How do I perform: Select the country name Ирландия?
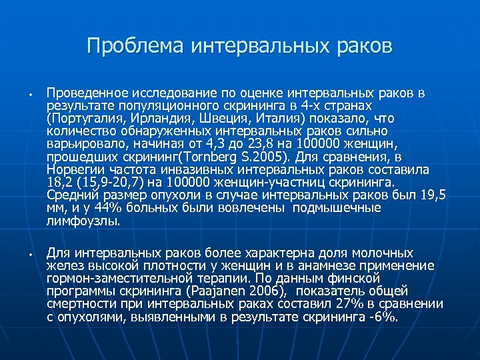[152, 117]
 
